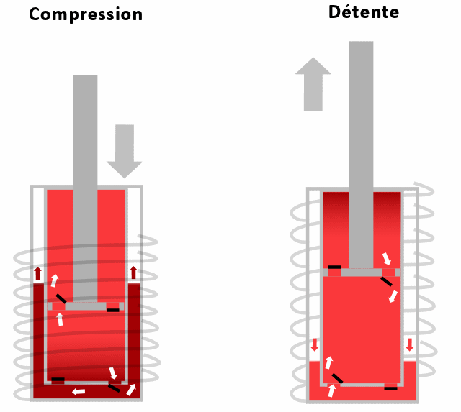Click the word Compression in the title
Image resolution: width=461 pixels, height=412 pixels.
click(x=86, y=14)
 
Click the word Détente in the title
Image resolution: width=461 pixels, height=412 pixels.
click(x=364, y=12)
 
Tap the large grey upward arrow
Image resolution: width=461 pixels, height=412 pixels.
click(x=313, y=84)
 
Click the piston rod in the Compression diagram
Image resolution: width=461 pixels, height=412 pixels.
click(x=85, y=180)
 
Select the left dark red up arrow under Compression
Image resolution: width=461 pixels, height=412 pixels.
click(x=37, y=273)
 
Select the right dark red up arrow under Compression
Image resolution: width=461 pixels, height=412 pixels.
click(x=133, y=273)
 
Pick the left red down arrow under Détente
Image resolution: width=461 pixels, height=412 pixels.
click(x=314, y=345)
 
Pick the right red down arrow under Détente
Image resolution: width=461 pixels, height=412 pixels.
click(x=410, y=344)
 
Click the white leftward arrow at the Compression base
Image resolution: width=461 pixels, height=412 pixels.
click(x=78, y=392)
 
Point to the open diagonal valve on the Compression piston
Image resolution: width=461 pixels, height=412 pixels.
click(x=61, y=298)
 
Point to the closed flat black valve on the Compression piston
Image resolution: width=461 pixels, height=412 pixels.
click(x=113, y=309)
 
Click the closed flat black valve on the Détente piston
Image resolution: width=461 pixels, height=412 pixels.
click(x=334, y=267)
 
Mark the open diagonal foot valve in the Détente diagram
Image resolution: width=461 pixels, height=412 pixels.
click(x=336, y=378)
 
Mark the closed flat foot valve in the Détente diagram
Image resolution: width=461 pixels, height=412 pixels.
click(x=390, y=388)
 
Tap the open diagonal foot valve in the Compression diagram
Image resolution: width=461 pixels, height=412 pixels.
click(x=114, y=387)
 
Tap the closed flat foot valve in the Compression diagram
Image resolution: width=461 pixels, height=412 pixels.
click(x=58, y=380)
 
